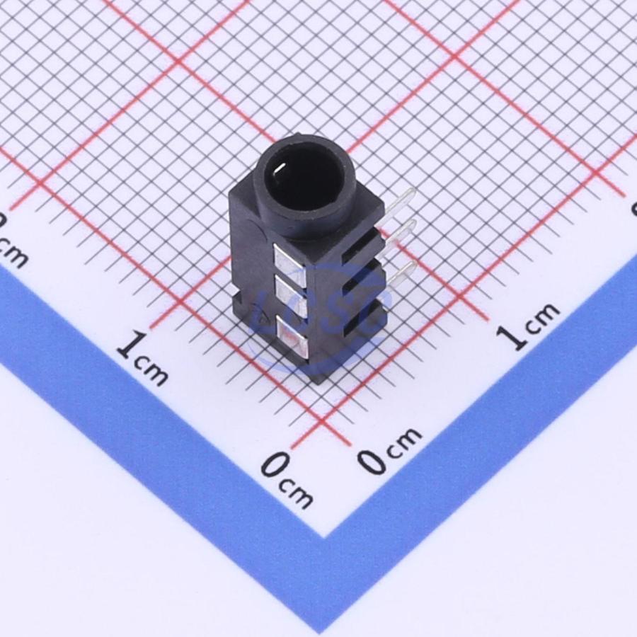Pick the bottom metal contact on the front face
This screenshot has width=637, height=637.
(x=296, y=337)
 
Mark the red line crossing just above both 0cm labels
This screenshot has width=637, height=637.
(x=322, y=425)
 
